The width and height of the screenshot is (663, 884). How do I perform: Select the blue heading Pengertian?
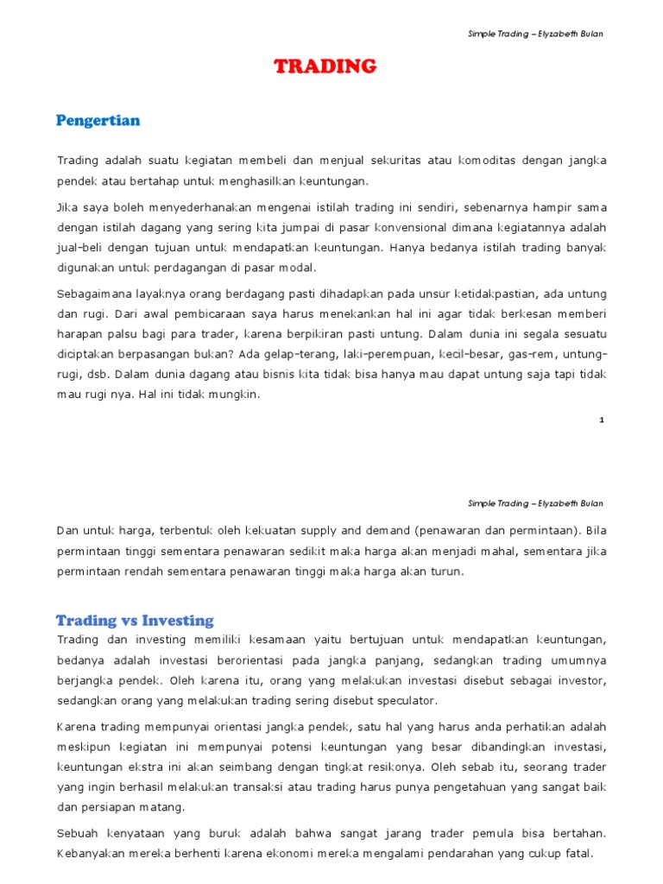(98, 121)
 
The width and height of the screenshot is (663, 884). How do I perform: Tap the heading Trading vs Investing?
(135, 620)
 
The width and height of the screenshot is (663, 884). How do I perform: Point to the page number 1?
(601, 420)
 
